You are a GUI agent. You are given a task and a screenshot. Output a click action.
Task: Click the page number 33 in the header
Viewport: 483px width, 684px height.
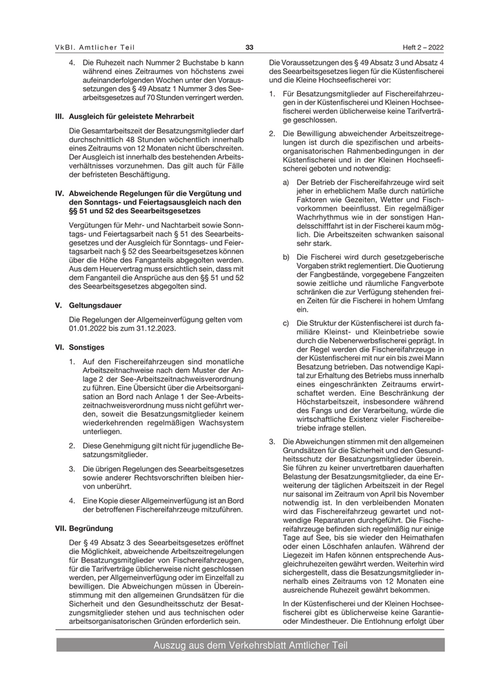tap(249, 47)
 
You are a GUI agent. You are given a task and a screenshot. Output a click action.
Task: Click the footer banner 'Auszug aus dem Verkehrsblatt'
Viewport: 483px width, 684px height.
tap(250, 645)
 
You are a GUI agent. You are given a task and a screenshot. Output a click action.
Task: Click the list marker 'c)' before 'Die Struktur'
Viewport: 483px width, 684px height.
tap(286, 323)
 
